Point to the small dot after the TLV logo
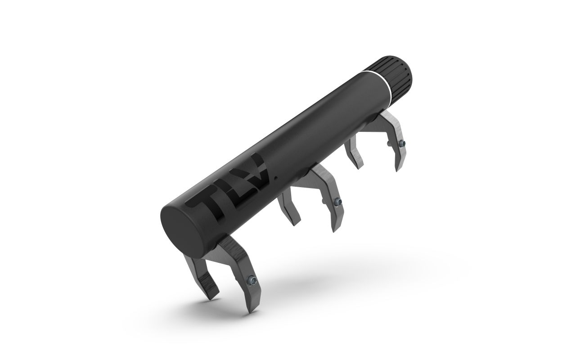tap(276, 177)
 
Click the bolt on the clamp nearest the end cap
tap(251, 280)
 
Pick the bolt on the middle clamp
tap(337, 202)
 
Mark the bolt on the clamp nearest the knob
tap(401, 144)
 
